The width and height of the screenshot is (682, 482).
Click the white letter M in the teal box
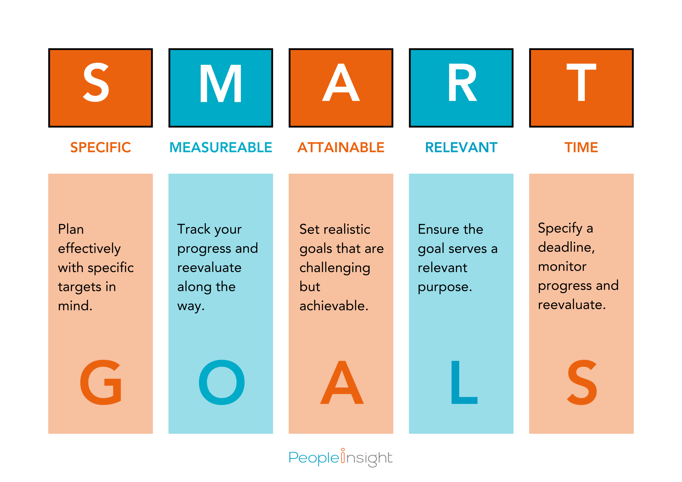pyautogui.click(x=221, y=83)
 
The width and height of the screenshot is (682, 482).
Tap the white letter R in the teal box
pyautogui.click(x=462, y=82)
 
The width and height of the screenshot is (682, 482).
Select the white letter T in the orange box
pyautogui.click(x=581, y=82)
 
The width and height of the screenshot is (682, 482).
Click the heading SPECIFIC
pyautogui.click(x=100, y=147)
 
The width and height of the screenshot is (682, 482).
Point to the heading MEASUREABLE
pyautogui.click(x=221, y=147)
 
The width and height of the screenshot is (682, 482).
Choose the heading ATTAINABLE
pyautogui.click(x=341, y=147)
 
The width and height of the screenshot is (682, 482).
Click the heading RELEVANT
pyautogui.click(x=461, y=147)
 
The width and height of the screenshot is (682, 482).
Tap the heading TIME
pyautogui.click(x=581, y=147)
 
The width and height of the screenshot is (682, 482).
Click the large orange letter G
pyautogui.click(x=101, y=382)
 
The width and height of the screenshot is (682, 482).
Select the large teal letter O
pyautogui.click(x=222, y=382)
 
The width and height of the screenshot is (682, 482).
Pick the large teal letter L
pyautogui.click(x=464, y=382)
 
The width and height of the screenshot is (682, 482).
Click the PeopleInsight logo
pyautogui.click(x=340, y=458)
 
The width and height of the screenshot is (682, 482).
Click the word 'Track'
pyautogui.click(x=194, y=229)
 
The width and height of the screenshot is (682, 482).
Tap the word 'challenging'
pyautogui.click(x=335, y=268)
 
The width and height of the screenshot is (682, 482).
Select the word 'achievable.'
pyautogui.click(x=334, y=306)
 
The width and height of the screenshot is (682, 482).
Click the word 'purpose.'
pyautogui.click(x=445, y=287)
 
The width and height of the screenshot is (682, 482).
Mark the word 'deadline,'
pyautogui.click(x=566, y=247)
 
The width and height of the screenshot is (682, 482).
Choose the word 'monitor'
pyautogui.click(x=562, y=266)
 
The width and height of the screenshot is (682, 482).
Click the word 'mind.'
pyautogui.click(x=75, y=306)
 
